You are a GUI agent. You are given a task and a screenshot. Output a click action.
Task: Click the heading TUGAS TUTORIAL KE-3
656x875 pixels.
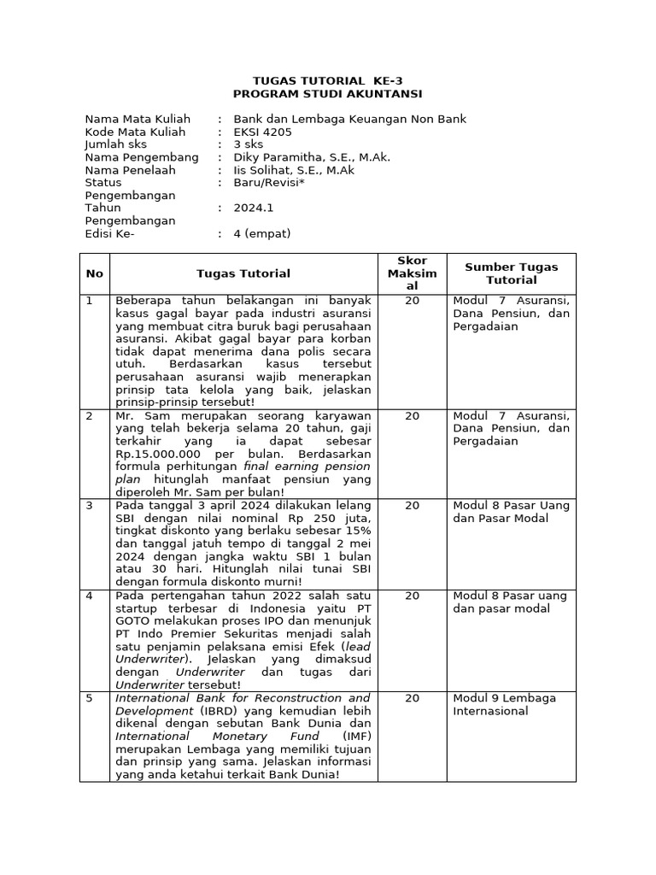(x=328, y=80)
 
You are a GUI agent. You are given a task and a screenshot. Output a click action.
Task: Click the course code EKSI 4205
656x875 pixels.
(x=262, y=132)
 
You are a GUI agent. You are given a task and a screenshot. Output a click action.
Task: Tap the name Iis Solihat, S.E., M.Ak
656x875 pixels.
(x=294, y=170)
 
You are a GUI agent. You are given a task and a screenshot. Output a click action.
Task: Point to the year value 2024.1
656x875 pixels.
(x=254, y=208)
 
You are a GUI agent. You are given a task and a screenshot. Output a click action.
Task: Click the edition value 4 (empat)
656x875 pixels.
(x=262, y=233)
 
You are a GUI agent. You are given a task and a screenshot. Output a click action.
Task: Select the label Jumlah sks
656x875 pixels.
(x=115, y=144)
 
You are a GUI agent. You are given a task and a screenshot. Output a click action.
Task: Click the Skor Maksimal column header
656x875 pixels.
(x=412, y=273)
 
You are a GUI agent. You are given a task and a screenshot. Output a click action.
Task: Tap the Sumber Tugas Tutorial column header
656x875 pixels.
(x=511, y=273)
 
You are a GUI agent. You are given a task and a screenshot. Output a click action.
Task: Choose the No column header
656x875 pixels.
(x=94, y=273)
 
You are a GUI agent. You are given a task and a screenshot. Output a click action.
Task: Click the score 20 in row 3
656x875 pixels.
(x=412, y=506)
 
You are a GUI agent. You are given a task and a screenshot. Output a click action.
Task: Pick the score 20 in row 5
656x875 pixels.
(x=412, y=698)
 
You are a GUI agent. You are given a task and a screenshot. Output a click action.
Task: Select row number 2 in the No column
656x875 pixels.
(x=89, y=416)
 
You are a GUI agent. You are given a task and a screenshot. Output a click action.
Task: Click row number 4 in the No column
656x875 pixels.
(x=89, y=596)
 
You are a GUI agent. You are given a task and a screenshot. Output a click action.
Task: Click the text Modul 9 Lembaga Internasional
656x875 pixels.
(x=504, y=704)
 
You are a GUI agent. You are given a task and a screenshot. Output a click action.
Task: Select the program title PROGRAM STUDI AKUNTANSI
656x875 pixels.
(x=328, y=93)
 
